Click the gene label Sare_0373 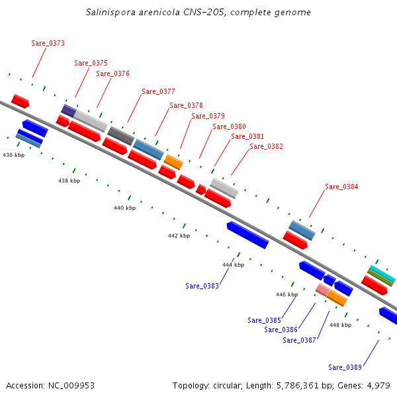pyautogui.click(x=48, y=43)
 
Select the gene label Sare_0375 pyautogui.click(x=91, y=63)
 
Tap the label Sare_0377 pyautogui.click(x=158, y=91)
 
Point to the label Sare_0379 pyautogui.click(x=208, y=116)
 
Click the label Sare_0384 pyautogui.click(x=341, y=187)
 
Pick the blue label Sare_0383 pyautogui.click(x=202, y=286)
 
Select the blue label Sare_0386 pyautogui.click(x=281, y=330)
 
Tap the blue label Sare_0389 pyautogui.click(x=345, y=367)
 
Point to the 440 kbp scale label pyautogui.click(x=124, y=208)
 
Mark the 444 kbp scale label pyautogui.click(x=233, y=265)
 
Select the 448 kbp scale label pyautogui.click(x=340, y=325)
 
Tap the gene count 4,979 pyautogui.click(x=377, y=385)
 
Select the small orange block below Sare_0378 pyautogui.click(x=173, y=162)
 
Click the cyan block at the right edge pyautogui.click(x=382, y=273)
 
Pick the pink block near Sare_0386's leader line pyautogui.click(x=322, y=289)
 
